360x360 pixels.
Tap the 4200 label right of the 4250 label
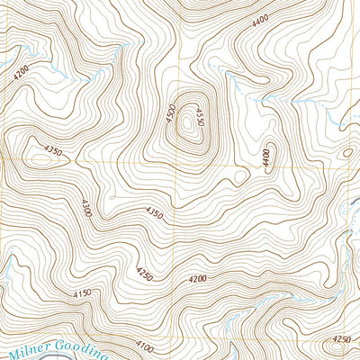tap(198, 280)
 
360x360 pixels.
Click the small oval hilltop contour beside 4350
tap(36, 160)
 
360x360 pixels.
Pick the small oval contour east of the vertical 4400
tap(346, 153)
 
